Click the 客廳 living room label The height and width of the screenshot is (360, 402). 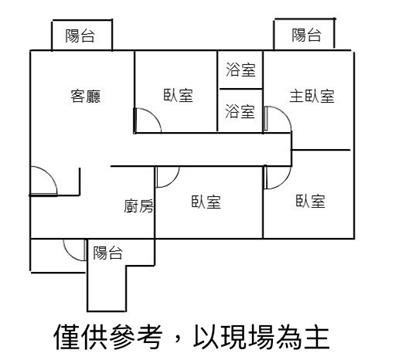pos(85,96)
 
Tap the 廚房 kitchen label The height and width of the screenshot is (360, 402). pos(139,206)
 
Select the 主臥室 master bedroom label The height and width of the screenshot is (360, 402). pos(312,96)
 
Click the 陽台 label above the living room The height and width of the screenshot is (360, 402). pos(80,36)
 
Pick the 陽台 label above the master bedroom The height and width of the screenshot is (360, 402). pos(307,35)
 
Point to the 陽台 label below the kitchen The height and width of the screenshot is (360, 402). pos(108,253)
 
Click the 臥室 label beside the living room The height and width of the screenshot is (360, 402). pos(178,95)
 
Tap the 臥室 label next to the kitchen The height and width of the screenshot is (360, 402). pos(206,202)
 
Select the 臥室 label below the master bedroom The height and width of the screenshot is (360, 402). pos(310,201)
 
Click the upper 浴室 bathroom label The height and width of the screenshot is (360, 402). pos(240,70)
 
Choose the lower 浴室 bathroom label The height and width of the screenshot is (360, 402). pos(240,111)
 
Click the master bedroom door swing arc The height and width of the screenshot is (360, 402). pos(284,114)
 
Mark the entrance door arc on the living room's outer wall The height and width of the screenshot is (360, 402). pos(50,174)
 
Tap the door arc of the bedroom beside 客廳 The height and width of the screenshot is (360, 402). pos(154,115)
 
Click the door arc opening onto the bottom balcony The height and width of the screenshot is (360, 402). pos(69,254)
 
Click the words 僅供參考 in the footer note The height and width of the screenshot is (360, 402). pos(108,337)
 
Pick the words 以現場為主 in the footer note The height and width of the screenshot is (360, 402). pos(262,337)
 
